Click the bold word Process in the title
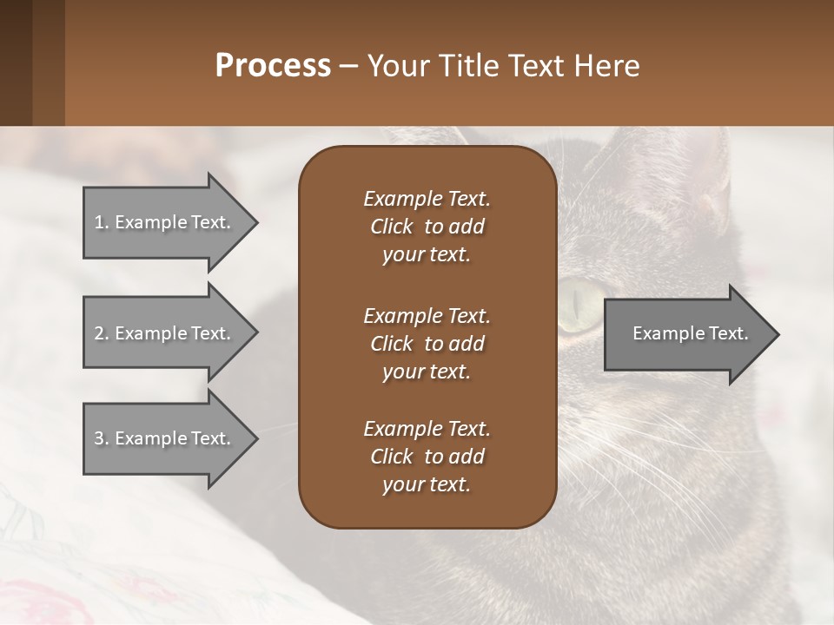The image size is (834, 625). pyautogui.click(x=273, y=66)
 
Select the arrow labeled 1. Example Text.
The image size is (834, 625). pyautogui.click(x=163, y=222)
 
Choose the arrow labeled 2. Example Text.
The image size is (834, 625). pyautogui.click(x=163, y=333)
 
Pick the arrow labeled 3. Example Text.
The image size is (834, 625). pyautogui.click(x=163, y=438)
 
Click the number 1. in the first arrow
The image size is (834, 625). pyautogui.click(x=102, y=222)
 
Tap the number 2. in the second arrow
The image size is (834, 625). pyautogui.click(x=102, y=333)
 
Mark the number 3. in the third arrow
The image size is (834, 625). pyautogui.click(x=102, y=438)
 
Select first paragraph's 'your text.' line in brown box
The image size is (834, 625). pyautogui.click(x=427, y=255)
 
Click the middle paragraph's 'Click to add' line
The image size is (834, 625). pyautogui.click(x=427, y=344)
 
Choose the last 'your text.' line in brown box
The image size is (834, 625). pyautogui.click(x=427, y=485)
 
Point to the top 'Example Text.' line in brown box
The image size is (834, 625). pyautogui.click(x=427, y=199)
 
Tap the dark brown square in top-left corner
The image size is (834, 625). pyautogui.click(x=16, y=62)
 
